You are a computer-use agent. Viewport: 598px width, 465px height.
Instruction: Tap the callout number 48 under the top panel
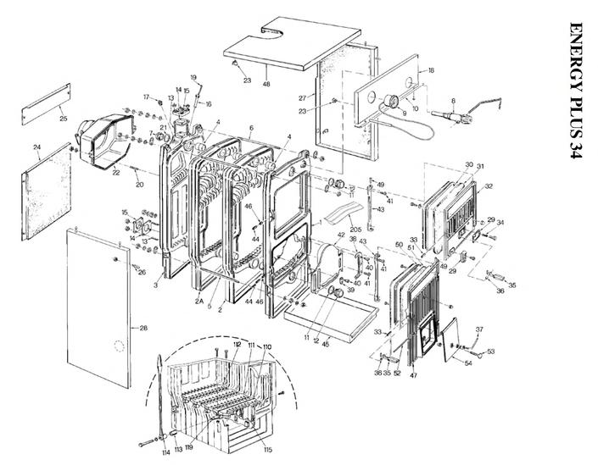tap(266, 83)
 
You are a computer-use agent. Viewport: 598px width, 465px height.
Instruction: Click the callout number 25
tap(63, 119)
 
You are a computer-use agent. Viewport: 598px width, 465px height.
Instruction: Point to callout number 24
tap(37, 147)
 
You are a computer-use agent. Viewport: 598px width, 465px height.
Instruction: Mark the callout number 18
tap(431, 69)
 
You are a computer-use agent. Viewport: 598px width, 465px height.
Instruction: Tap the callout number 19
tap(193, 77)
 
